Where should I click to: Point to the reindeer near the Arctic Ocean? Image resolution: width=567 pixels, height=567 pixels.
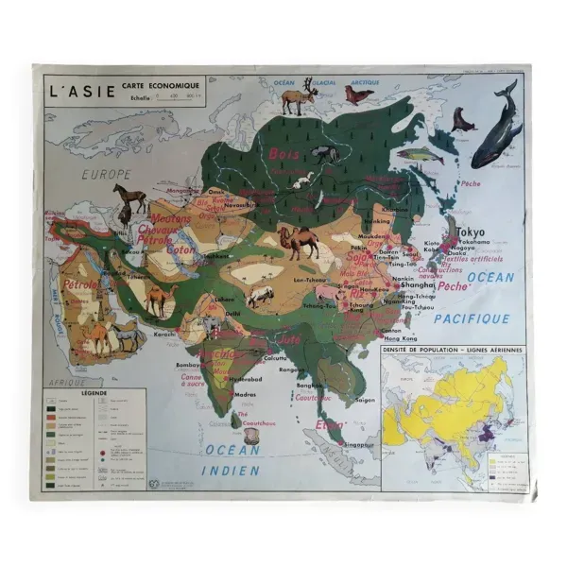[301, 96]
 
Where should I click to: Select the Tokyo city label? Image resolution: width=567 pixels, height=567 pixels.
[470, 232]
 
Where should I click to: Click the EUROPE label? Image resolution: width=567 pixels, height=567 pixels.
[104, 175]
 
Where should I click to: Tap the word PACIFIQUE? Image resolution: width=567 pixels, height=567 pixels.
[472, 319]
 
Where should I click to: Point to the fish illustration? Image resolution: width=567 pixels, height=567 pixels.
[419, 155]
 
